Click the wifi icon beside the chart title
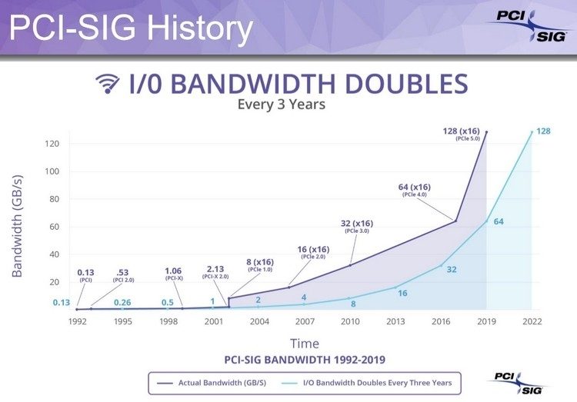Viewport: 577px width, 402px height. (x=108, y=84)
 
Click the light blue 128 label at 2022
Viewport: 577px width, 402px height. (x=543, y=131)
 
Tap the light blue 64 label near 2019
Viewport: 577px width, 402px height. (x=499, y=222)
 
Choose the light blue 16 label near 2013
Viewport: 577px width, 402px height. (x=402, y=294)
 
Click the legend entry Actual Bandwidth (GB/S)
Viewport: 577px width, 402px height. (x=219, y=381)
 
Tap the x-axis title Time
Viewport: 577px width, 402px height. (x=304, y=343)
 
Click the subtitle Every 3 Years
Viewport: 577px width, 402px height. (x=282, y=105)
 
